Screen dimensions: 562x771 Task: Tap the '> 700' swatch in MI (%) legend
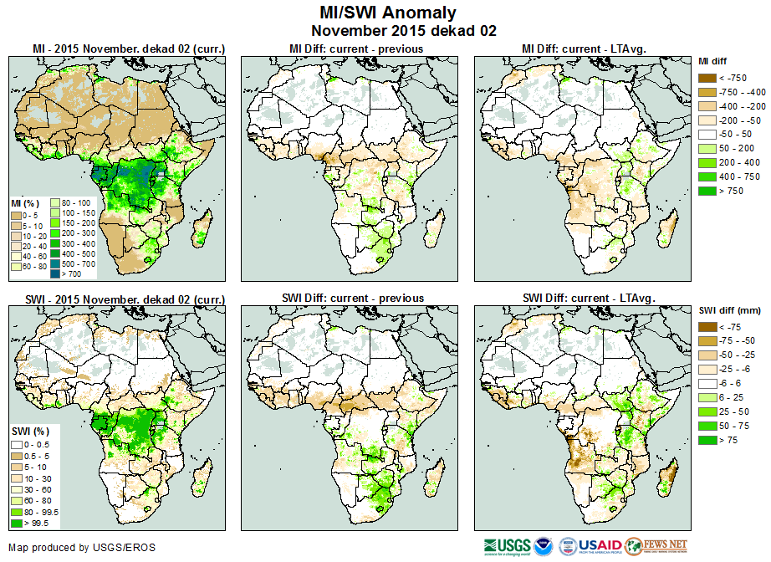click(x=59, y=273)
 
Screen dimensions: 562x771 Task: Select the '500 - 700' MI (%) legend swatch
click(x=59, y=263)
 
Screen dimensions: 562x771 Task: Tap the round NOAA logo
click(x=544, y=546)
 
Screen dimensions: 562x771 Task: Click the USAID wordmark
click(x=600, y=546)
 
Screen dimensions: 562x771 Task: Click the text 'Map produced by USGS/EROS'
click(x=82, y=548)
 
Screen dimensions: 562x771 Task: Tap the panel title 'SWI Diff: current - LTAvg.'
click(x=587, y=298)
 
